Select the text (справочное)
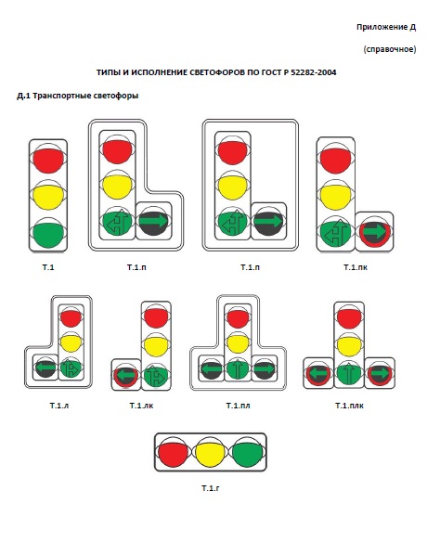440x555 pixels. pos(390,49)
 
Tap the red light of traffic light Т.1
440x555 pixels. pos(48,159)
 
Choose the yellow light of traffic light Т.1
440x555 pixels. pos(48,196)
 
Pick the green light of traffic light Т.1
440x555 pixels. pos(48,233)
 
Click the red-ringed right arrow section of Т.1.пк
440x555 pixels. pos(374,233)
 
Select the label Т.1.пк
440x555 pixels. pos(356,267)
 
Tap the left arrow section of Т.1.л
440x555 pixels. pos(46,368)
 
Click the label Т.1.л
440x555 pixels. pos(59,406)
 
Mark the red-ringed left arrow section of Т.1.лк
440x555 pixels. pos(126,375)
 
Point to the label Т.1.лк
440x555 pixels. pos(141,406)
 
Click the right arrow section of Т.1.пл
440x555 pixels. pos(264,368)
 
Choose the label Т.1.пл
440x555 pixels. pos(238,406)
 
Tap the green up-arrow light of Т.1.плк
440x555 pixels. pos(349,374)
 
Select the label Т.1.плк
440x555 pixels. pos(349,406)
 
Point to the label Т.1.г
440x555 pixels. pos(211,488)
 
